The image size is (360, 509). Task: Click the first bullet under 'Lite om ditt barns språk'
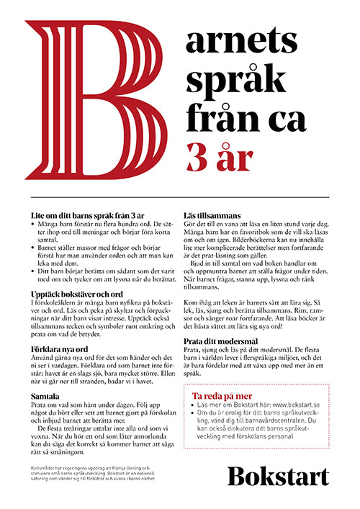pyautogui.click(x=34, y=225)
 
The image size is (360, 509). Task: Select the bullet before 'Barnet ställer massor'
pyautogui.click(x=34, y=247)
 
